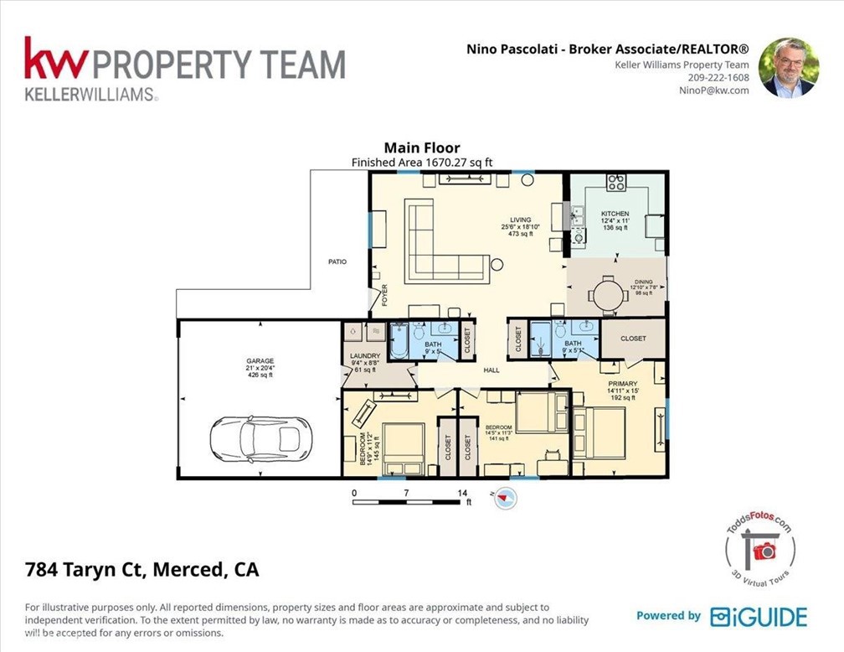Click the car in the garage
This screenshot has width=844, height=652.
pos(255,438)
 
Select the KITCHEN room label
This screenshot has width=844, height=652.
pos(615,214)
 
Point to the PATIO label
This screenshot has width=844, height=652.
pos(337,262)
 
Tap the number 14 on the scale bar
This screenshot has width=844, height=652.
pos(463,492)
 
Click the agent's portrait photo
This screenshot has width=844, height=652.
pos(786,67)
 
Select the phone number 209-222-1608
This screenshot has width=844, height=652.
pos(714,77)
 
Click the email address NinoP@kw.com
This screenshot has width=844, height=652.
pos(713,91)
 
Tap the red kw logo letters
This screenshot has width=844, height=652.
pos(55,60)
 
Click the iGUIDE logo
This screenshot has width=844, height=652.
pos(759,617)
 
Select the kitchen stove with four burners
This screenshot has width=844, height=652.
pos(616,182)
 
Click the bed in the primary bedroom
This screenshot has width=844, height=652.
pos(600,432)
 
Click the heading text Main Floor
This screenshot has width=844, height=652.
pos(421,148)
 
